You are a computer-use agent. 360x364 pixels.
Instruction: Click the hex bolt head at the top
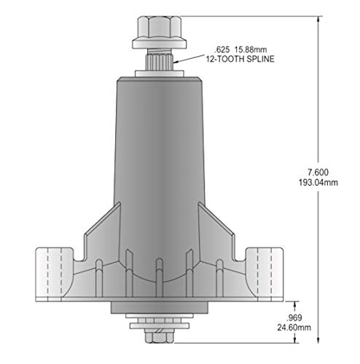pyautogui.click(x=159, y=27)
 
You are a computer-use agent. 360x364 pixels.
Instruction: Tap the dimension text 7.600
pyautogui.click(x=318, y=173)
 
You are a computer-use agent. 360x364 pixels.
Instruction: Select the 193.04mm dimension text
pyautogui.click(x=318, y=183)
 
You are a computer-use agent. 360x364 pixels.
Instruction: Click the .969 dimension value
pyautogui.click(x=294, y=317)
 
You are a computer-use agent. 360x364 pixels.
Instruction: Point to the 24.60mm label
pyautogui.click(x=294, y=328)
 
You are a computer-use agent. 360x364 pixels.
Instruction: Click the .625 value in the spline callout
pyautogui.click(x=222, y=50)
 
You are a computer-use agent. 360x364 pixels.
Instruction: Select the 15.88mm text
pyautogui.click(x=251, y=50)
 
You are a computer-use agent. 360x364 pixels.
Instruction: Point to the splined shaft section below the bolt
pyautogui.click(x=159, y=62)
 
